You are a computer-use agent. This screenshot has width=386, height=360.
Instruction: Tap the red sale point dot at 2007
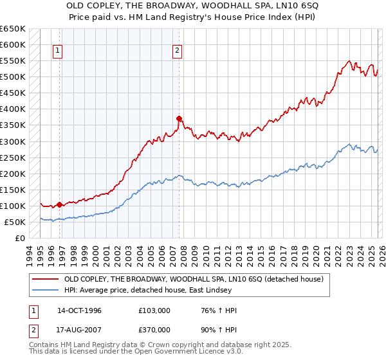tap(179, 118)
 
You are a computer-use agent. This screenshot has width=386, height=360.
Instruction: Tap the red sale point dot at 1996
tap(60, 204)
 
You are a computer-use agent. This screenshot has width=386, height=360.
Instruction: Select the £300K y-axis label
tap(12, 141)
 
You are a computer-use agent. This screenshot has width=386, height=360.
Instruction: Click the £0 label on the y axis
tap(19, 238)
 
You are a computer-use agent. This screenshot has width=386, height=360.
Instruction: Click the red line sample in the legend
tap(45, 279)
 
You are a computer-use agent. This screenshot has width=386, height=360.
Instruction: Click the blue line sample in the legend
tap(45, 290)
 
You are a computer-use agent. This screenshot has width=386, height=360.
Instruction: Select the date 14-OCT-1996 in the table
tap(79, 310)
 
